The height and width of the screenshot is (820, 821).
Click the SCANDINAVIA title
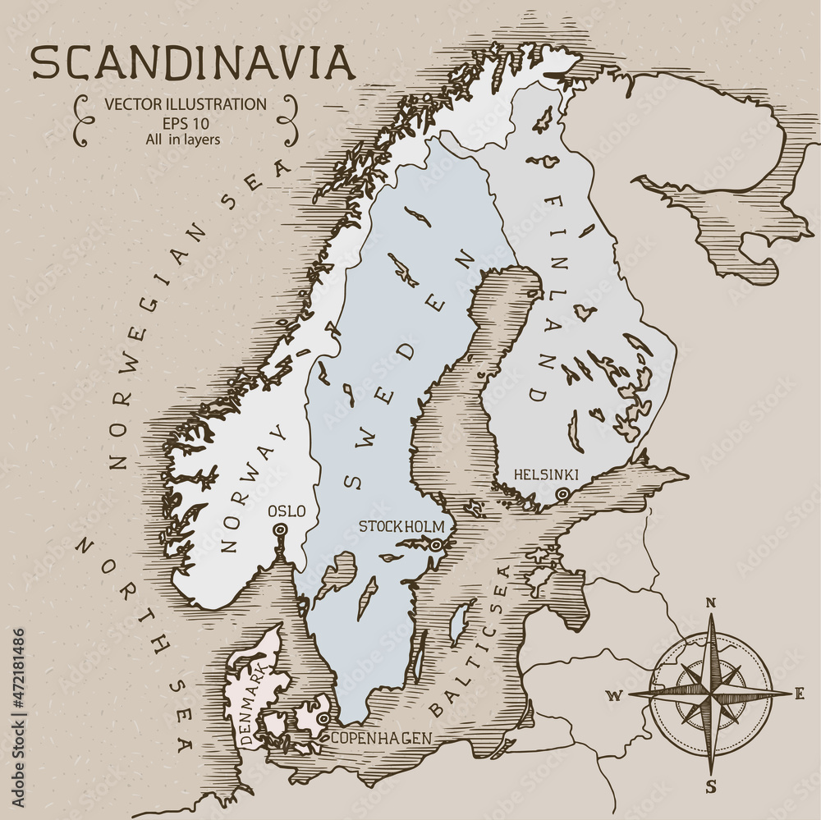point(193,62)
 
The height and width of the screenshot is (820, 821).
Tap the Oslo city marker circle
point(280,530)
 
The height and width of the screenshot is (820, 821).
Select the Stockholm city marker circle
point(437,544)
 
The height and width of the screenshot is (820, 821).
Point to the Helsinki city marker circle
point(562,494)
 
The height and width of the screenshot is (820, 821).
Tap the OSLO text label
point(287,511)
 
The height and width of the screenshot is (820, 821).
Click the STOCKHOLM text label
point(401,526)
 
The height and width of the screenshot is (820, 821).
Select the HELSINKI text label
point(546,474)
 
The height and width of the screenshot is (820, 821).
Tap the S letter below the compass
point(711,787)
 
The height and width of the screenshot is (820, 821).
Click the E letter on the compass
point(799,694)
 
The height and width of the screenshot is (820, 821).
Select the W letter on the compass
point(612,697)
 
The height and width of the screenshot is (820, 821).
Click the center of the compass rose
point(711,694)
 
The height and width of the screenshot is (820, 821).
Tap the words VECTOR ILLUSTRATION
point(185,104)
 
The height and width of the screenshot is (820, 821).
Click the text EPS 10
point(185,122)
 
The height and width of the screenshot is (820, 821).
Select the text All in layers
point(185,139)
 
